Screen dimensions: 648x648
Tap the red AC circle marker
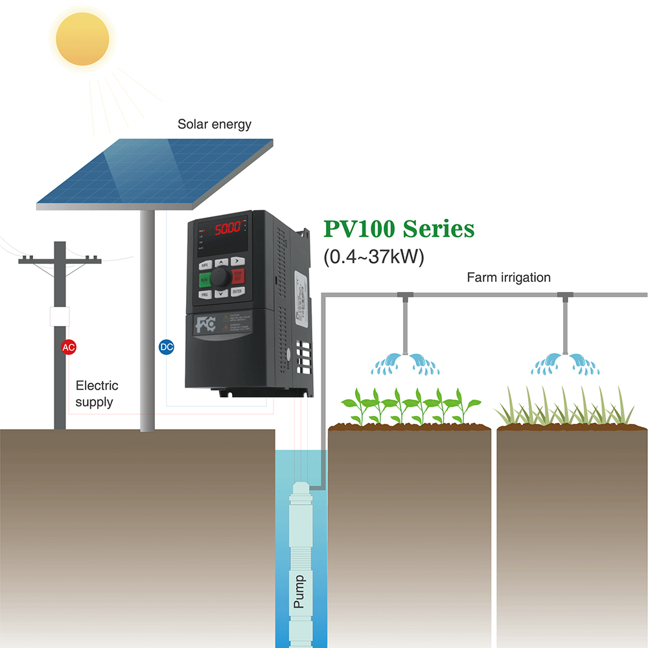(x=68, y=347)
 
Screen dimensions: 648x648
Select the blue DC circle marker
(x=167, y=347)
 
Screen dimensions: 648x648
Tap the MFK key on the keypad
(x=204, y=265)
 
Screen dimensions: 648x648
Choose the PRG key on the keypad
(x=204, y=294)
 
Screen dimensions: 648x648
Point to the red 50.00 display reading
(x=227, y=228)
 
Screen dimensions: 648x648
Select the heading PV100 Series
(x=399, y=229)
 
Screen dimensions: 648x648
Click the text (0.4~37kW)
(x=373, y=257)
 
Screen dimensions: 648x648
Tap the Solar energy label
(x=214, y=124)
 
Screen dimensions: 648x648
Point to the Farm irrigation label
(x=508, y=277)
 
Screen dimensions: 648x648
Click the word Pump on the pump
(x=299, y=591)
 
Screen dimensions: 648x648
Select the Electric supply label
(x=97, y=394)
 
